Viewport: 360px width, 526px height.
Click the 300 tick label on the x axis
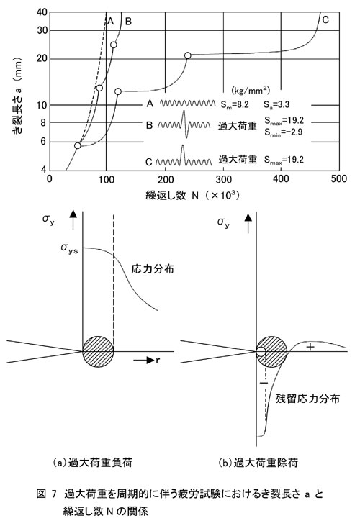pyautogui.click(x=223, y=179)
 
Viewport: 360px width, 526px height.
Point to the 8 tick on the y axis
pyautogui.click(x=43, y=123)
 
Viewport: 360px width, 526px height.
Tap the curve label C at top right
pyautogui.click(x=325, y=20)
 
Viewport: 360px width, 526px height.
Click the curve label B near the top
pyautogui.click(x=128, y=22)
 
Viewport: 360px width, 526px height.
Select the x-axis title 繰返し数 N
pyautogui.click(x=172, y=196)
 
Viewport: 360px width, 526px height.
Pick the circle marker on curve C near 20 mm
pyautogui.click(x=188, y=55)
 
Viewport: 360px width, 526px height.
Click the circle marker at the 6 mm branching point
pyautogui.click(x=78, y=145)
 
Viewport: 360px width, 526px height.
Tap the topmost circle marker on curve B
pyautogui.click(x=114, y=45)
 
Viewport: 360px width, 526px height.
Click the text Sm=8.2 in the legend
pyautogui.click(x=235, y=104)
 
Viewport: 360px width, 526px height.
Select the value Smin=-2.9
pyautogui.click(x=284, y=132)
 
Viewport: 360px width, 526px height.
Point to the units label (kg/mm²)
pyautogui.click(x=251, y=91)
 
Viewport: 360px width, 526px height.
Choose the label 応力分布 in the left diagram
pyautogui.click(x=153, y=268)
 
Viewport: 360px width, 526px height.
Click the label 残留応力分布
pyautogui.click(x=307, y=398)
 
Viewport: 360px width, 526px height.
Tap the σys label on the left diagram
pyautogui.click(x=69, y=248)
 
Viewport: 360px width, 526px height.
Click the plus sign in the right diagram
pyautogui.click(x=310, y=347)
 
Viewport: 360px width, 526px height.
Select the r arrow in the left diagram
pyautogui.click(x=146, y=361)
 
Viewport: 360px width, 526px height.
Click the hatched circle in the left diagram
pyautogui.click(x=98, y=352)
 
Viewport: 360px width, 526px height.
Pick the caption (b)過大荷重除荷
pyautogui.click(x=258, y=463)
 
